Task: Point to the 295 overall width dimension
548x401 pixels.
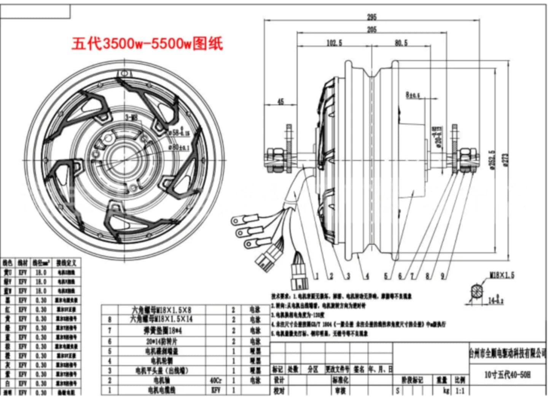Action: pos(371,17)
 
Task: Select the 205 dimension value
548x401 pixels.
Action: pos(371,29)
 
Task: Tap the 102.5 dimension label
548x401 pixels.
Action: pos(334,43)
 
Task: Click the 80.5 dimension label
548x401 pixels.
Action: pos(401,43)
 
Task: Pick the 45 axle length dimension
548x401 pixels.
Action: pos(280,101)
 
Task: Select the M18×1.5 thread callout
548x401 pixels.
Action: pos(502,275)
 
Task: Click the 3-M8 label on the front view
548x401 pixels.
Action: pos(131,118)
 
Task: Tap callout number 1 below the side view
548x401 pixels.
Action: pos(317,276)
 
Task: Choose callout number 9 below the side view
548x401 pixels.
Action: pos(443,276)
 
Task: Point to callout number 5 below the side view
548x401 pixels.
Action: pos(386,276)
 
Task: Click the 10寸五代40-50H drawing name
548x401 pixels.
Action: pos(507,375)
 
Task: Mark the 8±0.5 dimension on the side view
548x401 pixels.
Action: pos(413,95)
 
